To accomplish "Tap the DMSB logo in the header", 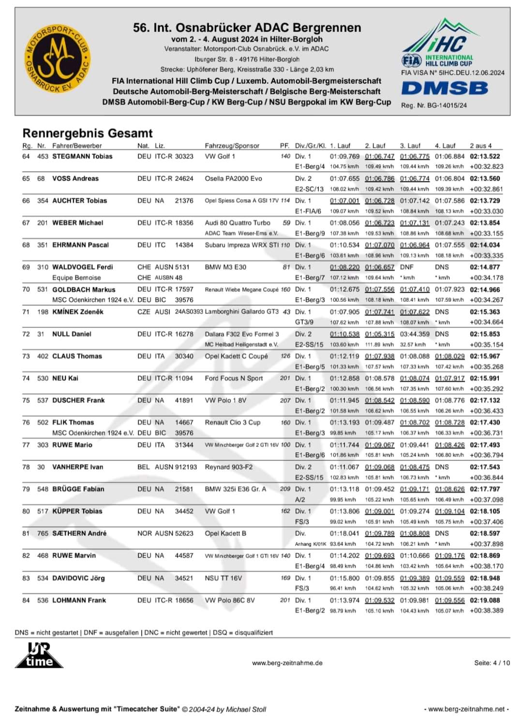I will pyautogui.click(x=445, y=88).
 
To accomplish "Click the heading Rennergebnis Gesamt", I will pyautogui.click(x=88, y=133).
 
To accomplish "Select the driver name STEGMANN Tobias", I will pyautogui.click(x=82, y=156).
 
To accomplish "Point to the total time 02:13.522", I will pyautogui.click(x=485, y=156).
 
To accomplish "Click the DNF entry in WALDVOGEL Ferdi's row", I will pyautogui.click(x=407, y=267).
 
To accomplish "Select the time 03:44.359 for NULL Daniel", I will pyautogui.click(x=415, y=334).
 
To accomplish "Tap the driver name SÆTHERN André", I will pyautogui.click(x=79, y=533).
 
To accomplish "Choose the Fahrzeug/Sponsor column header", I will pyautogui.click(x=232, y=146).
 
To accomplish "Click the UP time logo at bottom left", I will pyautogui.click(x=39, y=655).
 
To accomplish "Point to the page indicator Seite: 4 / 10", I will pyautogui.click(x=492, y=663).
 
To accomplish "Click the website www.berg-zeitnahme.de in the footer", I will pyautogui.click(x=287, y=663).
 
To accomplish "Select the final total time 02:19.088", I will pyautogui.click(x=485, y=600).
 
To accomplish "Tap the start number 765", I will pyautogui.click(x=43, y=533).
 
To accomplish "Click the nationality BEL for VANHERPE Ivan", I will pyautogui.click(x=144, y=467).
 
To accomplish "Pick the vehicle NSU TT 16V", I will pyautogui.click(x=223, y=578).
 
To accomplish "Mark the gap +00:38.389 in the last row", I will pyautogui.click(x=486, y=611).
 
